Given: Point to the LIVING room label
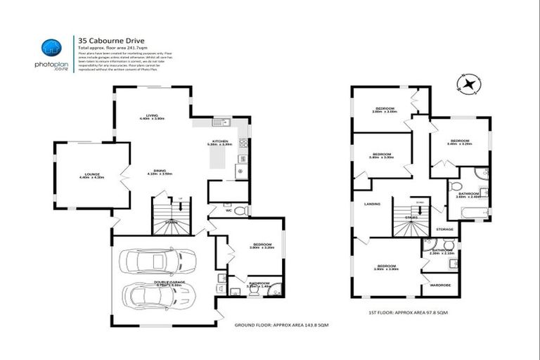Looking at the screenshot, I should pyautogui.click(x=151, y=116).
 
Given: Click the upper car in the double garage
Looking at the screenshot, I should pyautogui.click(x=152, y=263).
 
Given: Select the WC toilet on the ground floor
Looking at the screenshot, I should pyautogui.click(x=239, y=210).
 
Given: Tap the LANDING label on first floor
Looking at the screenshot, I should pyautogui.click(x=372, y=204).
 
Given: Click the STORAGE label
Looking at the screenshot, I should pyautogui.click(x=444, y=229).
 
